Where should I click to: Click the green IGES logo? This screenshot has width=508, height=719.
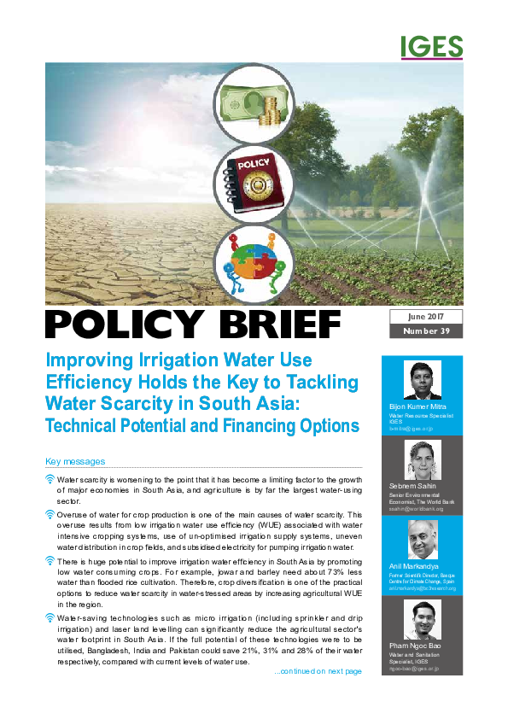[431, 47]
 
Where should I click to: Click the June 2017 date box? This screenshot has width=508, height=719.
[426, 316]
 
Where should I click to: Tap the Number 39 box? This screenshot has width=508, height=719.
[426, 331]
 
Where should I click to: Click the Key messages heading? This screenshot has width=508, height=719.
[75, 461]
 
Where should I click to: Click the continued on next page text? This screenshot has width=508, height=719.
[318, 671]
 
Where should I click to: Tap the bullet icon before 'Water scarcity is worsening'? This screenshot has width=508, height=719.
[50, 481]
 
